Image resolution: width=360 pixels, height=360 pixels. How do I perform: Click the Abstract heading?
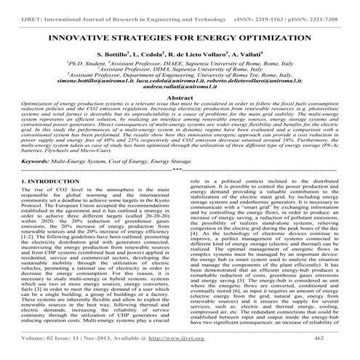click(180, 97)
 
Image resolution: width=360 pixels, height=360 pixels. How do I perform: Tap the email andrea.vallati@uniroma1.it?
click(180, 87)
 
